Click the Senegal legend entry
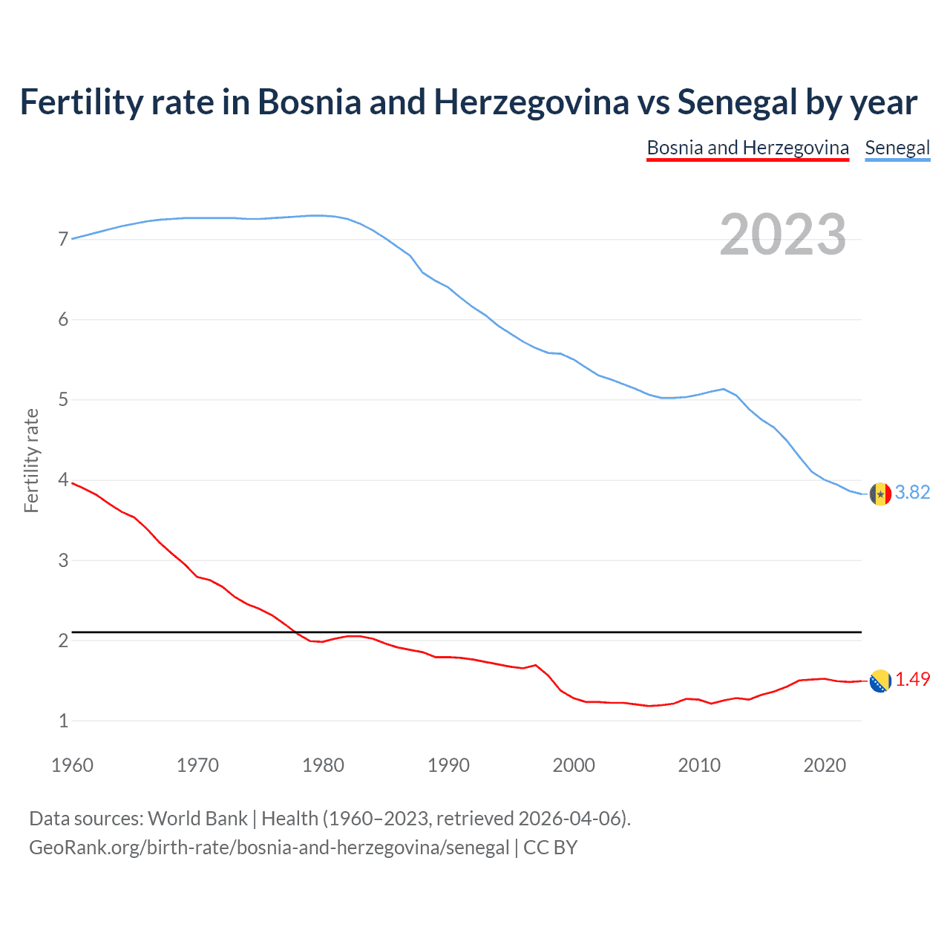pyautogui.click(x=897, y=148)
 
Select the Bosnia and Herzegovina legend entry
pyautogui.click(x=747, y=148)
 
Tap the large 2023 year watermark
pyautogui.click(x=782, y=235)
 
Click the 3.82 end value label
pyautogui.click(x=912, y=492)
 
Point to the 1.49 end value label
pyautogui.click(x=912, y=679)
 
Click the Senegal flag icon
pyautogui.click(x=880, y=494)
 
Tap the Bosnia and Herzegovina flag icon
pyautogui.click(x=880, y=681)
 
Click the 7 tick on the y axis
pyautogui.click(x=63, y=239)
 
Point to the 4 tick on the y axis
pyautogui.click(x=63, y=480)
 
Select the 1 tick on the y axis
pyautogui.click(x=63, y=721)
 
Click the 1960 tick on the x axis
pyautogui.click(x=72, y=765)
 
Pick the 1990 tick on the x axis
pyautogui.click(x=448, y=765)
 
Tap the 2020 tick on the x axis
pyautogui.click(x=825, y=765)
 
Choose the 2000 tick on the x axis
pyautogui.click(x=574, y=765)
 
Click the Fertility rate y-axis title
pyautogui.click(x=31, y=460)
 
